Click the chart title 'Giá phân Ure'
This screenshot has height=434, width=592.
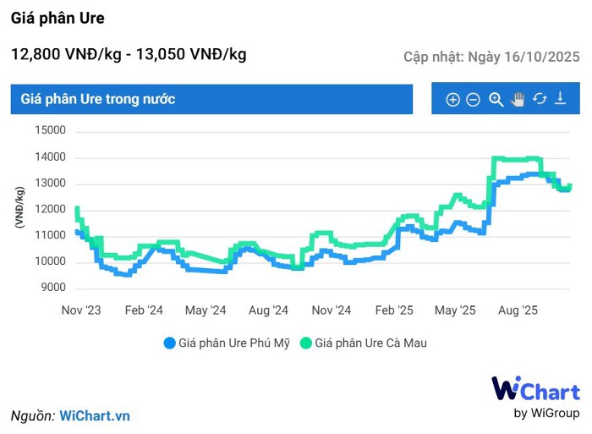[58, 18]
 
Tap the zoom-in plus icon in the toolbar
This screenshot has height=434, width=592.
[452, 100]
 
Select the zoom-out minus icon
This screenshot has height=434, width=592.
[474, 100]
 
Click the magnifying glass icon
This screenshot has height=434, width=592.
[496, 99]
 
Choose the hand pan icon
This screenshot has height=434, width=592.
[518, 99]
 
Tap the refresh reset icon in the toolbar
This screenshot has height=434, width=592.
[540, 99]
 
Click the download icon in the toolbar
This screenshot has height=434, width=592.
[560, 99]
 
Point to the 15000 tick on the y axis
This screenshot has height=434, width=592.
[50, 130]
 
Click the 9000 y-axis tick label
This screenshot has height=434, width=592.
[52, 288]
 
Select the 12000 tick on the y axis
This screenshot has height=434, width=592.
[50, 209]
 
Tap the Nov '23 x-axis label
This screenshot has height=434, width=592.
[81, 310]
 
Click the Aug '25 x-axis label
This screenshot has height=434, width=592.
[518, 310]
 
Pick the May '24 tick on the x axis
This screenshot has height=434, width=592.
[206, 310]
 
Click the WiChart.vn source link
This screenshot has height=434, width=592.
[95, 415]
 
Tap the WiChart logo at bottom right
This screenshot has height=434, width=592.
[535, 396]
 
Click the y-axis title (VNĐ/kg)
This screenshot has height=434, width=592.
[19, 207]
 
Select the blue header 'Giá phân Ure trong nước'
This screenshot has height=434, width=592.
[98, 99]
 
